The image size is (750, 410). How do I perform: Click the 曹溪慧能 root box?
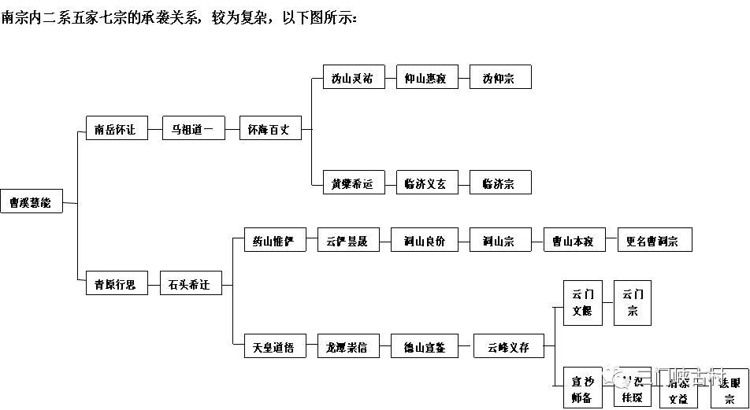coord(32,201)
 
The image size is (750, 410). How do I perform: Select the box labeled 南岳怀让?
coord(116,129)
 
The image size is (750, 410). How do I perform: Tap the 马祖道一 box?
coord(193,129)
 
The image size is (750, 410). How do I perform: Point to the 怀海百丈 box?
coord(269,129)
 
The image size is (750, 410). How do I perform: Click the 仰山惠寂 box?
coord(426,77)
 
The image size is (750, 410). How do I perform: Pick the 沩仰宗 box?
coord(500,77)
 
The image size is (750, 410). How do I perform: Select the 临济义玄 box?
coord(426,183)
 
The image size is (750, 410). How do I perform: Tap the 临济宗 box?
coord(500,183)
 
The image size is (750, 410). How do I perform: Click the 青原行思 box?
coord(116,283)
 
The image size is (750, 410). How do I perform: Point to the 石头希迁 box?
coord(191,283)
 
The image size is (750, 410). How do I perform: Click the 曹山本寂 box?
coord(574,240)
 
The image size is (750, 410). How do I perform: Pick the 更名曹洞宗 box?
coord(654,240)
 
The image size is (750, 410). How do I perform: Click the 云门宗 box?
coord(633,303)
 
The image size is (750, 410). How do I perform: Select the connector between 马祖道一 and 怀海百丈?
coord(232,129)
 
